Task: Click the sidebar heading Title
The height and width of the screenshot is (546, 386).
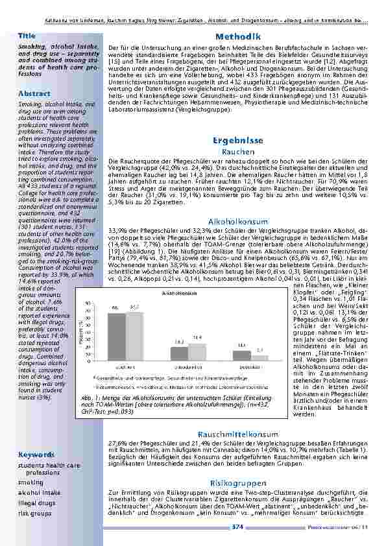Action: [x=27, y=34]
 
